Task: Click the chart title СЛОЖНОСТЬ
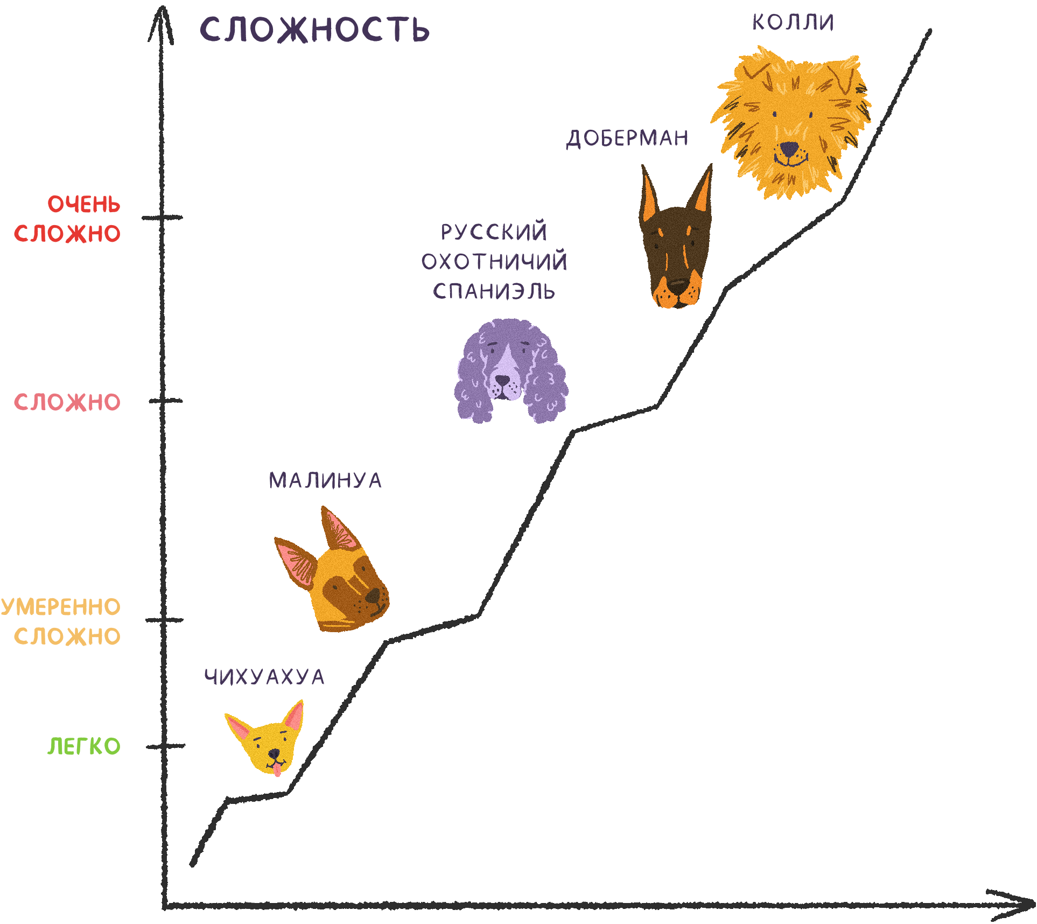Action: tap(314, 30)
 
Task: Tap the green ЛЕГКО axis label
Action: tap(84, 746)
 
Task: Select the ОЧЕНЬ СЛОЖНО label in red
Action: tap(68, 219)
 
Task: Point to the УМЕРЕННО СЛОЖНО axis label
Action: tap(61, 621)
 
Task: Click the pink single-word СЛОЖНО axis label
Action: tap(67, 402)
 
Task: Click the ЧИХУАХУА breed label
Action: tap(264, 677)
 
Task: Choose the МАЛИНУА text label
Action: tap(325, 480)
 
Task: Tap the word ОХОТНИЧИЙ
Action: tap(494, 262)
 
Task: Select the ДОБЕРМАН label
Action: tap(627, 138)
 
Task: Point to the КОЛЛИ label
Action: tap(793, 23)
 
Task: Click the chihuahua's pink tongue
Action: tap(277, 771)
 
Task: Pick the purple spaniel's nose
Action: tap(502, 380)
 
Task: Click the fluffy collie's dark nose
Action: tap(789, 148)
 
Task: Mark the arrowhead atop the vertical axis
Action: tap(160, 24)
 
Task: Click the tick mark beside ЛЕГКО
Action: tap(165, 746)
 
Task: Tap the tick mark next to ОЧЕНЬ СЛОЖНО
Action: tap(162, 218)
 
